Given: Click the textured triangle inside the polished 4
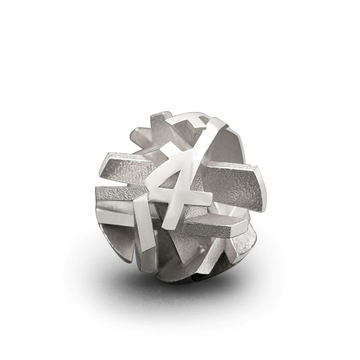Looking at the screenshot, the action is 170,181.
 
